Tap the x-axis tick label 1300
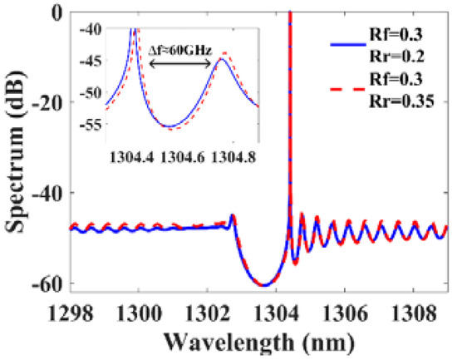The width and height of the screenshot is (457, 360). point(142,315)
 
